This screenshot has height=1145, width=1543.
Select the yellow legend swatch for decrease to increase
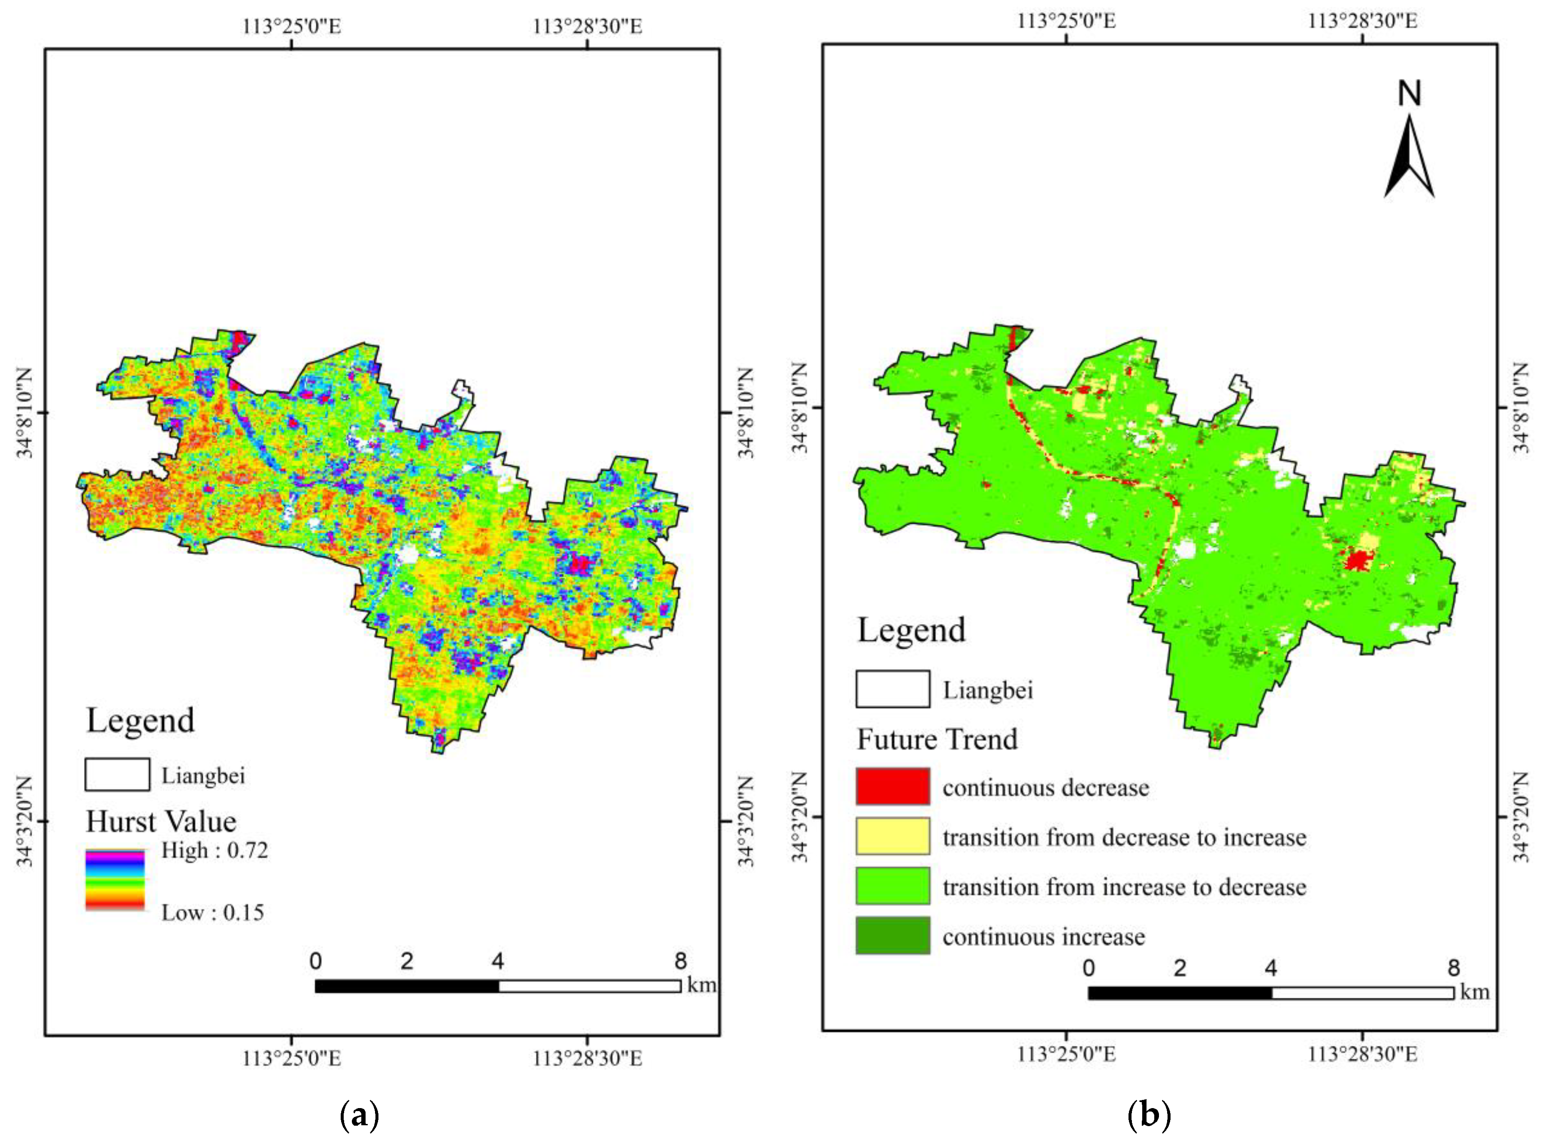893,836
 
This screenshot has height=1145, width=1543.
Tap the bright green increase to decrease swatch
893,886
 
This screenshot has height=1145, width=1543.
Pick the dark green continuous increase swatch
893,936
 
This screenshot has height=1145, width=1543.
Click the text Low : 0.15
213,912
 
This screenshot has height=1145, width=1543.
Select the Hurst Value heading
161,821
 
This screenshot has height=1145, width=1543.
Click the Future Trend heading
937,739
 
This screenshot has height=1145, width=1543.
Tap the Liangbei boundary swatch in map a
117,774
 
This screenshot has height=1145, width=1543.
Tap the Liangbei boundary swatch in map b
893,689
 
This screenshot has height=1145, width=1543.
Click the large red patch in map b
1358,559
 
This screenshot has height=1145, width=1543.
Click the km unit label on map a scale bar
701,984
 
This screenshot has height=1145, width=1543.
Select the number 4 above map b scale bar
1270,968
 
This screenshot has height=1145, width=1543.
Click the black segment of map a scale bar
407,986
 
